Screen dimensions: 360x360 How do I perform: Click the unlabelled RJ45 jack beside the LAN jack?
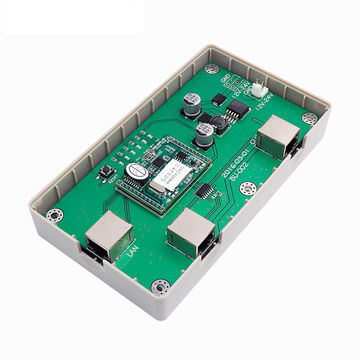point(186,237)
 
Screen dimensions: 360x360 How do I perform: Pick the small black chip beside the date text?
point(204,190)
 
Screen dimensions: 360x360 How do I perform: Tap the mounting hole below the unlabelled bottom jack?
point(160,285)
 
